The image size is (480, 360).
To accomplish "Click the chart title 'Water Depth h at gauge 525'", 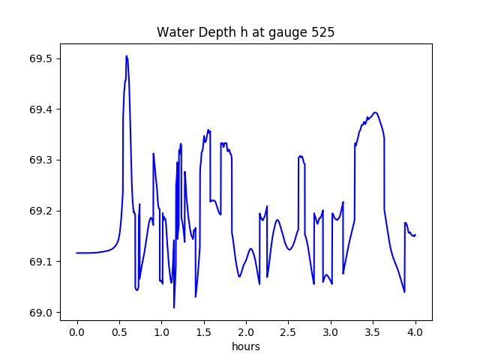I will pyautogui.click(x=245, y=32).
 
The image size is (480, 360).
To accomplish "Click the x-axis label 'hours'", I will pyautogui.click(x=245, y=347).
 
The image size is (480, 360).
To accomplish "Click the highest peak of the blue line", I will pyautogui.click(x=127, y=55).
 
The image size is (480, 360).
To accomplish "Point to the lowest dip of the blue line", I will pyautogui.click(x=174, y=307).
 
